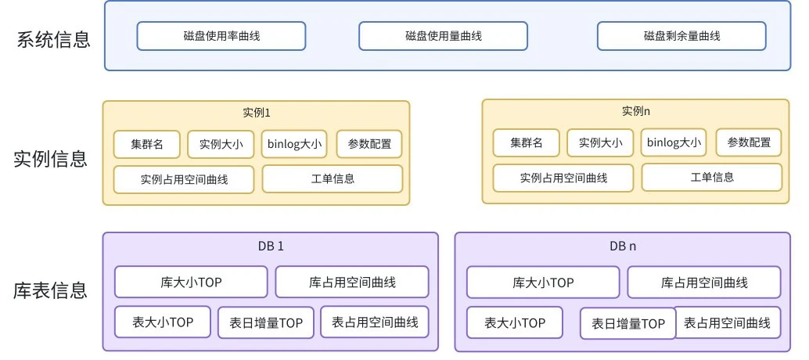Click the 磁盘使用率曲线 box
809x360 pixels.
pos(221,36)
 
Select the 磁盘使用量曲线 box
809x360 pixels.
pos(443,36)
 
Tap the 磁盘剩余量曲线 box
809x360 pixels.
pos(681,36)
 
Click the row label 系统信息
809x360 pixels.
pos(53,40)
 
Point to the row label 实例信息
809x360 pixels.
pos(51,160)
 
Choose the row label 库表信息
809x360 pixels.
pos(51,291)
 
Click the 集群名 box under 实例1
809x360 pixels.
pos(147,144)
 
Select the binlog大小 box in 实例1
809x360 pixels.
pos(294,144)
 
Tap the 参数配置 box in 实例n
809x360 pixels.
pos(749,142)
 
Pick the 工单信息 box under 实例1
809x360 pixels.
pos(333,178)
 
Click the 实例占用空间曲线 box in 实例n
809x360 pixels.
pos(563,178)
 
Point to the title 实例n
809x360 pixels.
pos(636,111)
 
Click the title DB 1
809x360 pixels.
pos(271,246)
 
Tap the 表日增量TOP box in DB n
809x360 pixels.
pos(628,323)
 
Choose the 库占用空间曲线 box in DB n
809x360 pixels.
pos(704,283)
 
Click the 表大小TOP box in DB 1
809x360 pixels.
pos(163,322)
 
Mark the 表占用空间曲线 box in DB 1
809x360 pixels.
pos(375,322)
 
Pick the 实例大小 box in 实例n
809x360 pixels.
pos(600,142)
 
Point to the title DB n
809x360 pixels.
pos(623,246)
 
